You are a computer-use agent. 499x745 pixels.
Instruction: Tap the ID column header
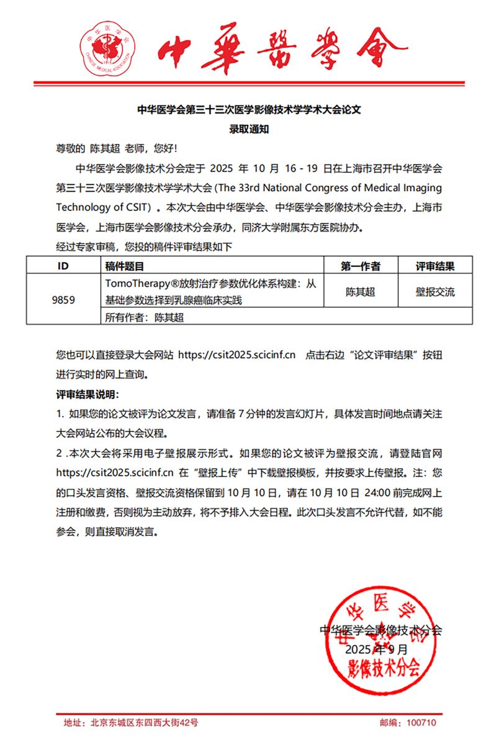click(x=63, y=266)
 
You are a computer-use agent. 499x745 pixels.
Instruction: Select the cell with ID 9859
click(x=63, y=300)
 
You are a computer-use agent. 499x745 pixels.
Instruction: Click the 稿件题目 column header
click(x=125, y=266)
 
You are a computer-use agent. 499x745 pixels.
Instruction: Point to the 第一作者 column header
click(x=360, y=266)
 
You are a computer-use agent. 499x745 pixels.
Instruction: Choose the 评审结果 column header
click(x=434, y=266)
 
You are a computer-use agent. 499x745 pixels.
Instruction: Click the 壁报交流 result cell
click(x=434, y=292)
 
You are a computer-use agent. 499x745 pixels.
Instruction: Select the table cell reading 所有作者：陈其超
click(x=146, y=317)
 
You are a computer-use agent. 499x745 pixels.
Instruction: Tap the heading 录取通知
click(x=249, y=130)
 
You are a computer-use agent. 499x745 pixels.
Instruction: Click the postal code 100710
click(x=422, y=723)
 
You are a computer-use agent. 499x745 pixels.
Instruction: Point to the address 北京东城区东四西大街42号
click(x=144, y=723)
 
